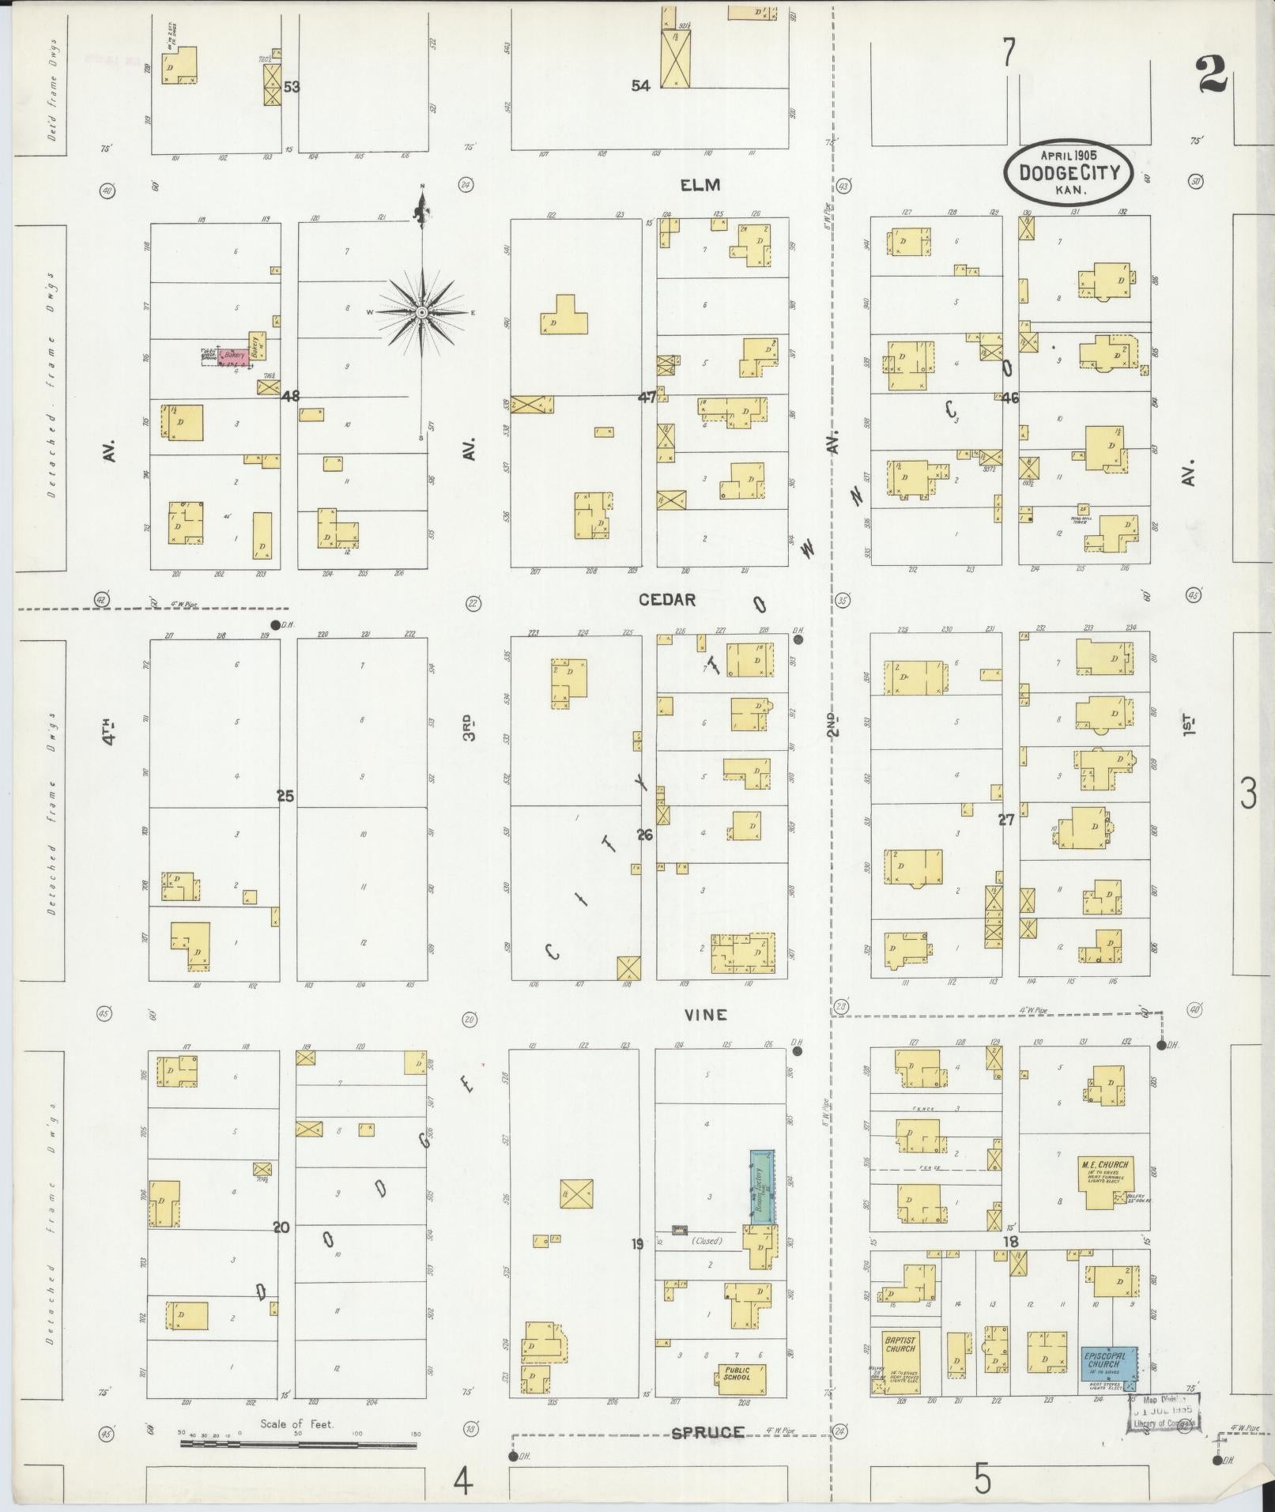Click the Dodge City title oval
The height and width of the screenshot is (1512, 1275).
1068,172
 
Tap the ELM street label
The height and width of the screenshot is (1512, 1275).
700,185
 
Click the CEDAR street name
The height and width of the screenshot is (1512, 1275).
667,600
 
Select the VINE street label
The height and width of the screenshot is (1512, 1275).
706,1015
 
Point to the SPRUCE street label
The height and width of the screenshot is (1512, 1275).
708,1432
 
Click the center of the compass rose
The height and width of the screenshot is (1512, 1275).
422,313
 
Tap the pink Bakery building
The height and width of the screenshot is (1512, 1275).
234,356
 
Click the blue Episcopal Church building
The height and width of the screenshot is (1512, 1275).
1108,1363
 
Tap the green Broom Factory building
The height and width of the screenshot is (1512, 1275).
762,1187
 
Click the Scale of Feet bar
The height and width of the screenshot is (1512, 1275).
299,1444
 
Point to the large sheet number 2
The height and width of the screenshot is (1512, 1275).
1209,76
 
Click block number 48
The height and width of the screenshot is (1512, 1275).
291,396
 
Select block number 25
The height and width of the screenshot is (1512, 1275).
285,796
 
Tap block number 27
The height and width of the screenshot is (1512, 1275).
1005,820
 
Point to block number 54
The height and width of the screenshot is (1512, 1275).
640,85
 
